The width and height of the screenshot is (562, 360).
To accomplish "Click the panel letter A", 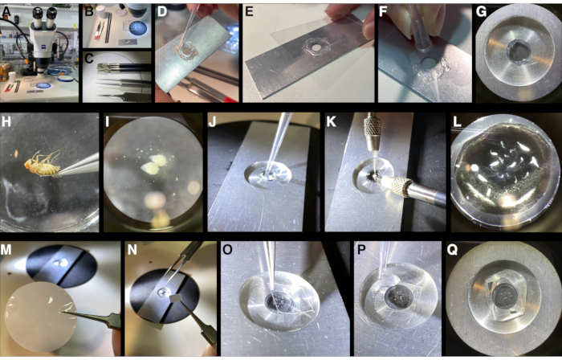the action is click(x=6, y=13).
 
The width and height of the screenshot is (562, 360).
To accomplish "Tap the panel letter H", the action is click(x=6, y=122).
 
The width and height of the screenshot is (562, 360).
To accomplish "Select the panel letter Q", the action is click(x=452, y=250).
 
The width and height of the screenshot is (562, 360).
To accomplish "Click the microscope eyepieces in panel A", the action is click(x=44, y=14).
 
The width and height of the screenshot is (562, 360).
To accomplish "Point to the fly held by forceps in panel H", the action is click(x=42, y=164).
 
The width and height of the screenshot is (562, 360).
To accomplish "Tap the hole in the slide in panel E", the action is click(x=316, y=47).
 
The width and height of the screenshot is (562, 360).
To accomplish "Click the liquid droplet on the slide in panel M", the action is click(x=58, y=264).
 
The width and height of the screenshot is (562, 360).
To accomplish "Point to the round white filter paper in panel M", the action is click(x=40, y=317).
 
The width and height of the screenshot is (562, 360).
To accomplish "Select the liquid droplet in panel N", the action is click(x=162, y=292).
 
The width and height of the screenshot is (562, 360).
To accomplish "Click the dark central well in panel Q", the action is click(x=505, y=297).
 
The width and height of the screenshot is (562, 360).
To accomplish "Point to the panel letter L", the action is click(x=458, y=122).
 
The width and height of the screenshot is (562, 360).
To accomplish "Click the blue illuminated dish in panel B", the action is click(x=138, y=27).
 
